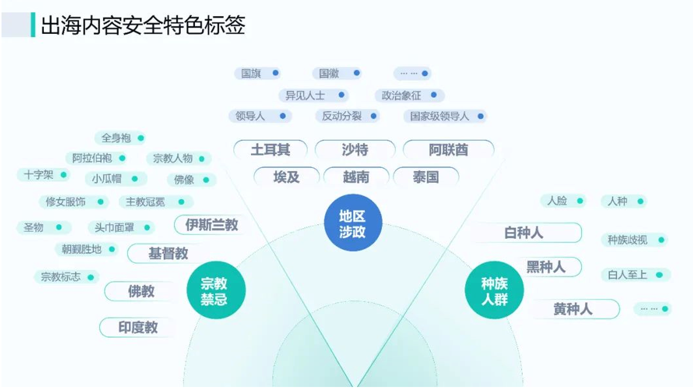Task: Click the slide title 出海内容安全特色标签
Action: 143,25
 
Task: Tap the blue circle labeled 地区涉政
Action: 352,223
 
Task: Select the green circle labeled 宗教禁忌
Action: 214,290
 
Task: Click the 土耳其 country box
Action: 270,149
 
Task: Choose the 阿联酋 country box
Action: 448,149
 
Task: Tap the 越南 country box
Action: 356,177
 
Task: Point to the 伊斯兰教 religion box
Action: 211,225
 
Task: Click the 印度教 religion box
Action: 138,327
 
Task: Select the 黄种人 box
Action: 573,309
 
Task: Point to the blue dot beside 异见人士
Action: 341,95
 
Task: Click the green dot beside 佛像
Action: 206,179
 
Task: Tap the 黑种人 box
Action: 546,267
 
